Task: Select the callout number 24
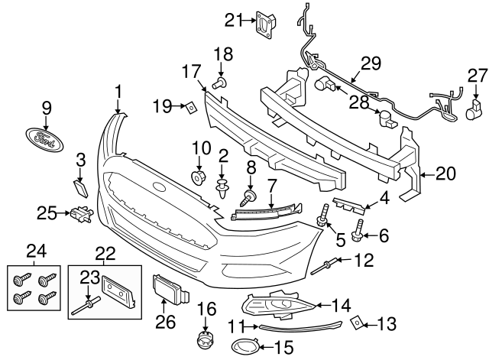(36, 250)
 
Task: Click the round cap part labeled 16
(204, 340)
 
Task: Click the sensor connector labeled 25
(80, 215)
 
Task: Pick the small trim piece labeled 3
(79, 189)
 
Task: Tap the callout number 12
(364, 262)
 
